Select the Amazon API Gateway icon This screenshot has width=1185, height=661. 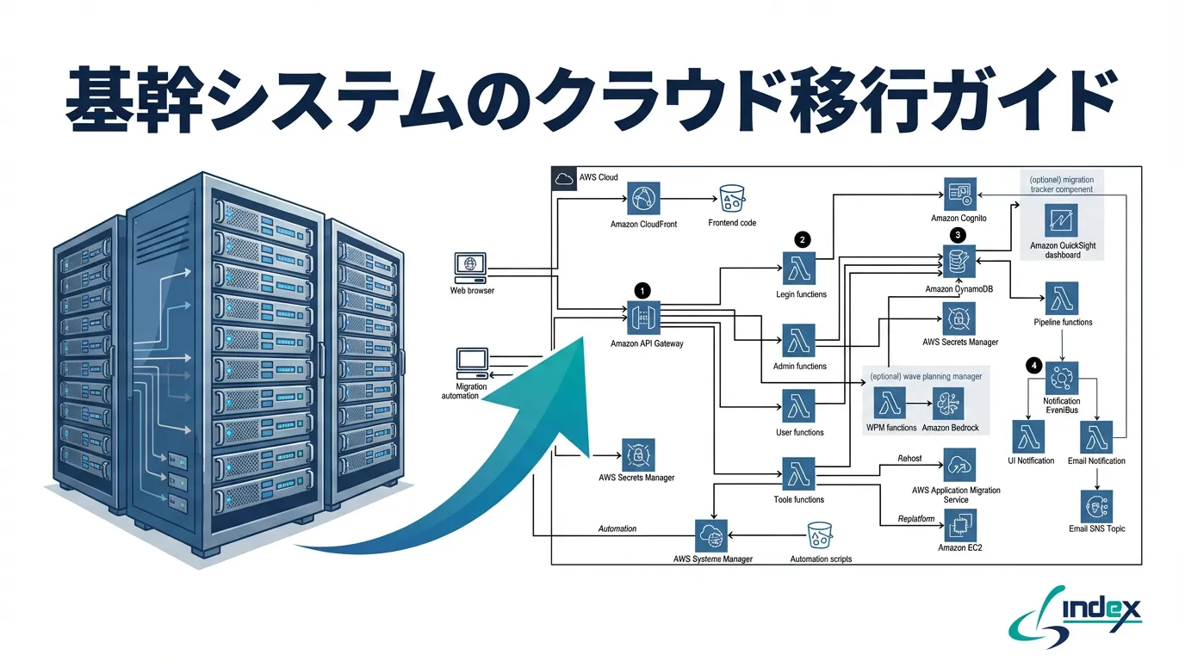point(643,318)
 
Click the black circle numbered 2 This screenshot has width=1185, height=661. point(803,239)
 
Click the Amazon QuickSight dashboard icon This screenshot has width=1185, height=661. point(1061,220)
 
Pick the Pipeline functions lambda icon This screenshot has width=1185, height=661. point(1062,299)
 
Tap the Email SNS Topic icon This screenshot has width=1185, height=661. point(1096,506)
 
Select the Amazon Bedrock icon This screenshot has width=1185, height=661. point(948,403)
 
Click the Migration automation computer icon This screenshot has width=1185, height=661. point(472,363)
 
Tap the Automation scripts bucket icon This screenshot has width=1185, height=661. point(820,537)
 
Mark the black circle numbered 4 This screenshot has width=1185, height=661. point(1033,366)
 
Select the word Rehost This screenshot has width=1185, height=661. point(909,459)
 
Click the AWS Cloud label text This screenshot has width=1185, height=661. point(599,177)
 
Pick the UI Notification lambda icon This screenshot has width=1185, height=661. point(1030,436)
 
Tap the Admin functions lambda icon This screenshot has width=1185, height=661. point(799,341)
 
